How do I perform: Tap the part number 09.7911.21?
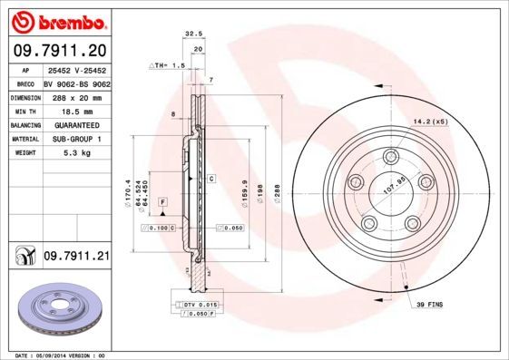tap(76, 258)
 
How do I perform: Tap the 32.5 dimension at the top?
tap(191, 34)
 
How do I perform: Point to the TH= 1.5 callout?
tap(169, 66)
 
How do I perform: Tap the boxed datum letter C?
tap(210, 179)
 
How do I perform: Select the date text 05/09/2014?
tap(55, 355)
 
